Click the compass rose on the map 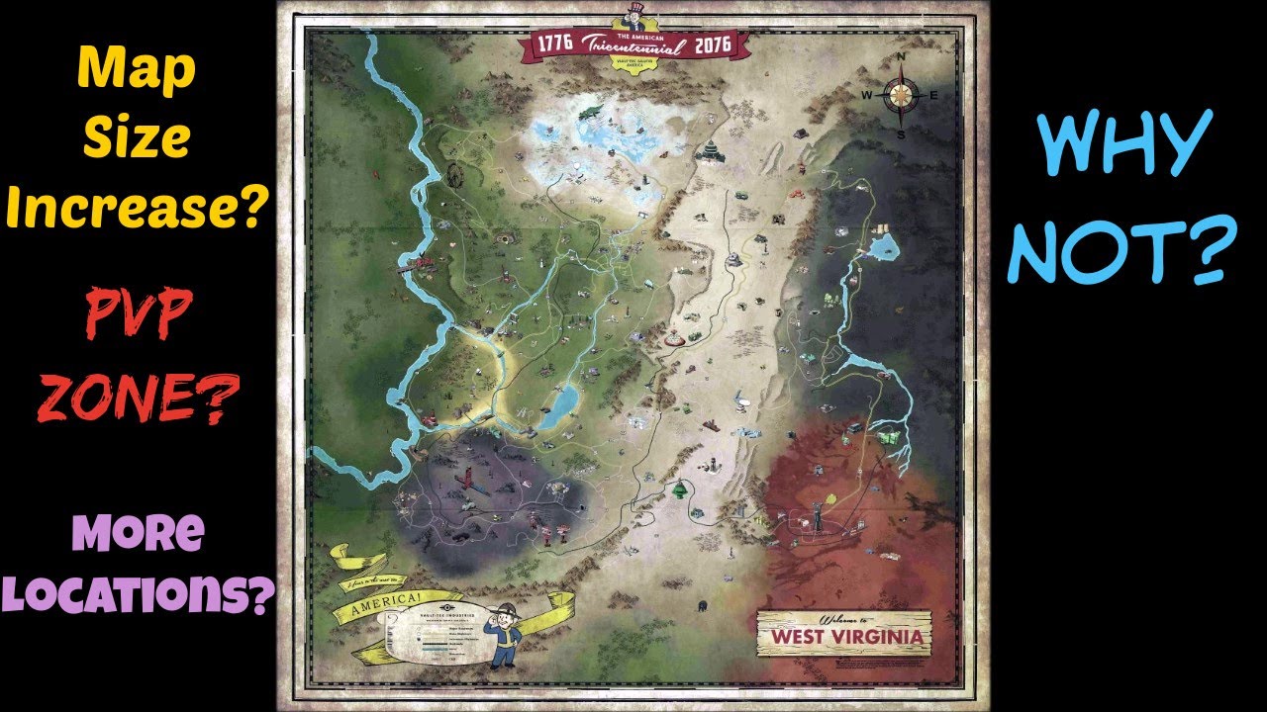[x=900, y=94]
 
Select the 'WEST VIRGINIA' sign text [x=844, y=637]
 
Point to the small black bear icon [x=702, y=605]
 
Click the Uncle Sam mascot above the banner [x=634, y=18]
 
